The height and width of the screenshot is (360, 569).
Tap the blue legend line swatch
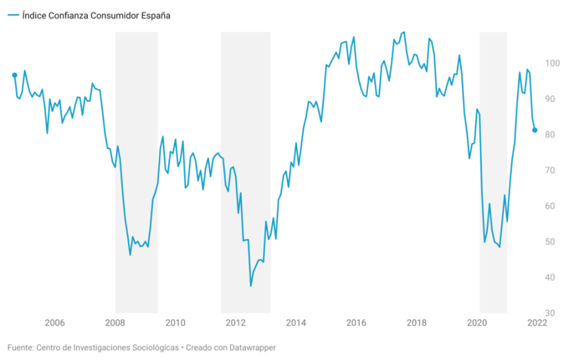coord(13,15)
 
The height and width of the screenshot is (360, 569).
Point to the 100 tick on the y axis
coord(552,64)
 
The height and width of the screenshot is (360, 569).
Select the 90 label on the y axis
coord(552,99)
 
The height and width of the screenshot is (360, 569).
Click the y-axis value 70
coord(552,171)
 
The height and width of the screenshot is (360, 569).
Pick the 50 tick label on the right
coord(552,242)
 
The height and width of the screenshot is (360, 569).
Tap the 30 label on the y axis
coord(552,313)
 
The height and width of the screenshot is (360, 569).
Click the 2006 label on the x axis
coord(54,322)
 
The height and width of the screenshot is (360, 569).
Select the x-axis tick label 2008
coord(115,322)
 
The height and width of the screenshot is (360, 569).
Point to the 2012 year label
coord(235,322)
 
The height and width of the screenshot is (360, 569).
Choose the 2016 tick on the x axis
coord(356,322)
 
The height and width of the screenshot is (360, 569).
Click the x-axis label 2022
coord(536,322)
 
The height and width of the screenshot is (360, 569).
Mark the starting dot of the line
coord(14,75)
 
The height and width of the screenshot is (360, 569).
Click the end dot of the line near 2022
coord(536,130)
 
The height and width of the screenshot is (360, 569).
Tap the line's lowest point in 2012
coord(250,286)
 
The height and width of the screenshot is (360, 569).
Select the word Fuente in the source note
coord(23,347)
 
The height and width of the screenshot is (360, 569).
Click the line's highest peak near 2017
coord(404,32)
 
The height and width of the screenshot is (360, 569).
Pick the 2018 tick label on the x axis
coord(416,322)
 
